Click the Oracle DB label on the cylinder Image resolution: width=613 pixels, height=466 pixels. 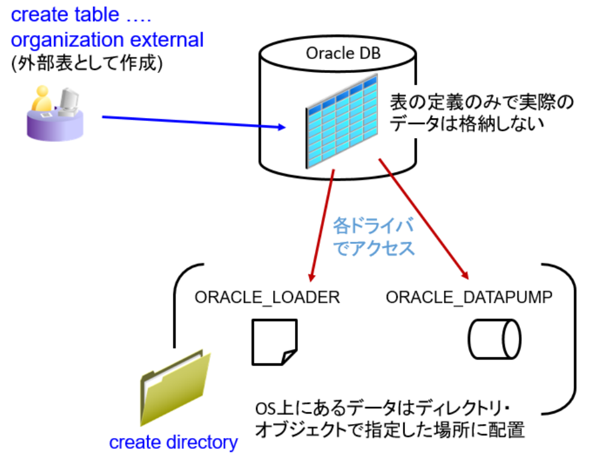[343, 53]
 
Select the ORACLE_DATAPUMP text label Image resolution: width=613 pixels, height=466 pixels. [469, 297]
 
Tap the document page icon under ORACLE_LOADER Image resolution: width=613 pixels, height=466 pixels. [274, 342]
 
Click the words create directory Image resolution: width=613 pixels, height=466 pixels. [173, 442]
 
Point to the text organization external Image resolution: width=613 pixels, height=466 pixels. [107, 40]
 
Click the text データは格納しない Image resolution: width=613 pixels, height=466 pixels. [465, 124]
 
